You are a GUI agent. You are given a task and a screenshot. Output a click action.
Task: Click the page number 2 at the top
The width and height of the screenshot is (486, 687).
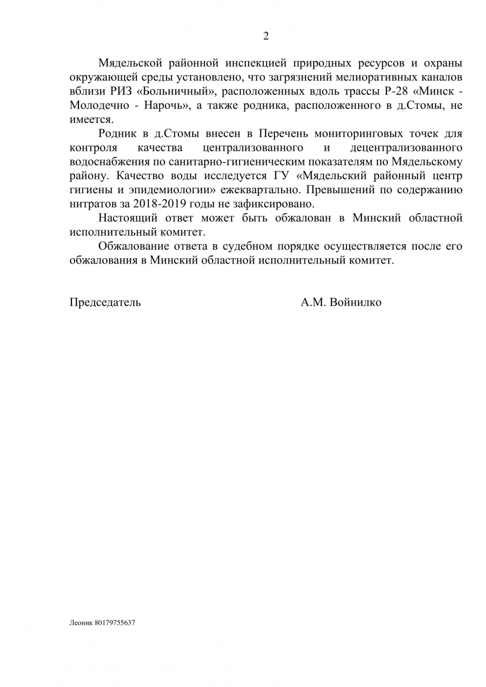[265, 36]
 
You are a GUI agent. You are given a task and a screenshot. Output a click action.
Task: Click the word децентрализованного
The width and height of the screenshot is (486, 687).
[406, 148]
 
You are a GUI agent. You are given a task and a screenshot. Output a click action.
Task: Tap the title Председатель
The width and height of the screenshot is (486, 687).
[105, 302]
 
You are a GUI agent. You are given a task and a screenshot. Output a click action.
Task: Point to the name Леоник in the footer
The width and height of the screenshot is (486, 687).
[81, 624]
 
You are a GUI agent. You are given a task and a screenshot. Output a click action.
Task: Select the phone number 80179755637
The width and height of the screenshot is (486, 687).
[115, 624]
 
